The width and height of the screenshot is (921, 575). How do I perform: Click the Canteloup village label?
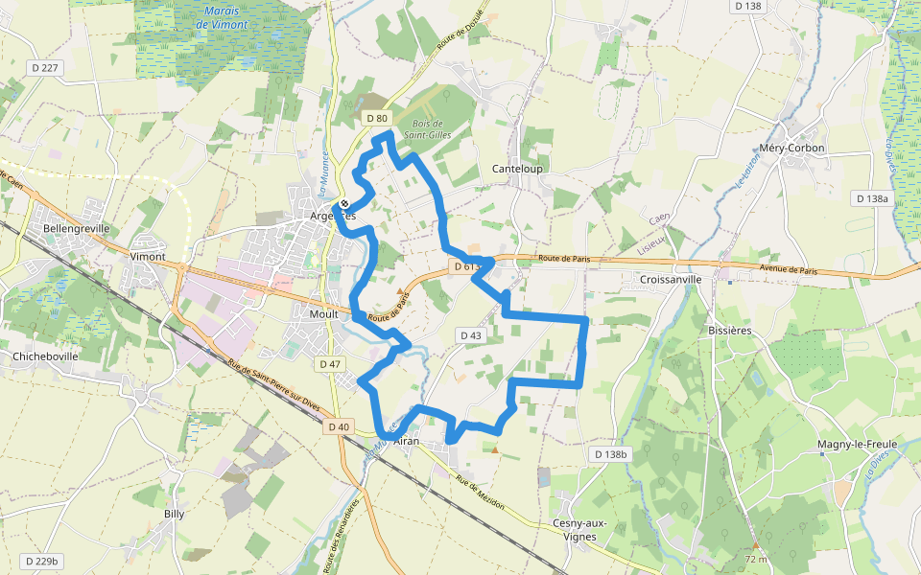517,169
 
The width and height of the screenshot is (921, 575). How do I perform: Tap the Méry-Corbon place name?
791,149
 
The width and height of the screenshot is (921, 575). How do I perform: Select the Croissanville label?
662,280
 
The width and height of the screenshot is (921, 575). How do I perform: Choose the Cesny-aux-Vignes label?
575,529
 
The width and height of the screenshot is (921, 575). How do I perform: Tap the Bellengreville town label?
76,229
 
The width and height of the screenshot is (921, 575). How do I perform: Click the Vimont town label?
148,257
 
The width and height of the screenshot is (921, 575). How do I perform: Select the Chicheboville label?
45,356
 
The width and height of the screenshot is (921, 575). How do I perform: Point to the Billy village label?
174,514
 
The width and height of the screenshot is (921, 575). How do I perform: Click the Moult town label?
323,313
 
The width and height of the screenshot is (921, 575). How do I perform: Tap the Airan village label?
407,441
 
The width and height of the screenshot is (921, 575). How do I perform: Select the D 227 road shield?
45,67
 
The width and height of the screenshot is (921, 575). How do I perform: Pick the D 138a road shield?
871,198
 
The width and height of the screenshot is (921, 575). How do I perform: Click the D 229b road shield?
42,561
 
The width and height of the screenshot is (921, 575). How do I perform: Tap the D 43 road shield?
471,335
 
